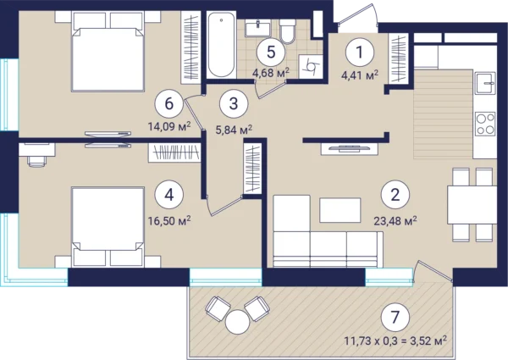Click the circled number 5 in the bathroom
(x=271, y=52)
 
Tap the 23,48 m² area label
(x=395, y=221)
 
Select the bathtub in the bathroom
(x=221, y=44)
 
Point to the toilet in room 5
(x=287, y=31)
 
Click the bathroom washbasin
(x=257, y=28)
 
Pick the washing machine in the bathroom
(x=311, y=66)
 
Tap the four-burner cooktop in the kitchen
(x=485, y=124)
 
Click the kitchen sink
(x=485, y=84)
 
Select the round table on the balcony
(x=237, y=322)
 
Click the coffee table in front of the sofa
(x=340, y=210)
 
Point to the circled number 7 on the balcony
(x=395, y=318)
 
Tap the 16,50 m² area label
(x=169, y=221)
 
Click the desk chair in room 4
(x=36, y=161)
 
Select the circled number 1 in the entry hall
(x=359, y=52)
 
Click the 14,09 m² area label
(x=169, y=125)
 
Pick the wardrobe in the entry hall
(x=399, y=58)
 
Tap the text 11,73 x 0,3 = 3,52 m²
(x=395, y=341)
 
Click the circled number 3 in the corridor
(x=234, y=103)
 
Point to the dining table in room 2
(x=472, y=205)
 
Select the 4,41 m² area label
(x=360, y=76)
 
